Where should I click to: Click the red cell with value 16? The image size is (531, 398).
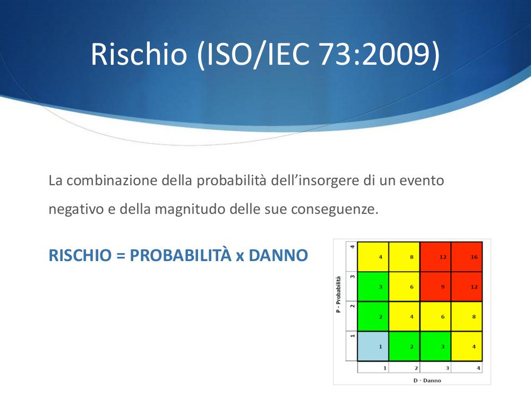coord(467,257)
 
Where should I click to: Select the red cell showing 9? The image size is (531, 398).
coord(435,287)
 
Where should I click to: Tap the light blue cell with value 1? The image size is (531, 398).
coord(373,346)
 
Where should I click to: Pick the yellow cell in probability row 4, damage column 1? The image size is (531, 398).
coord(373,257)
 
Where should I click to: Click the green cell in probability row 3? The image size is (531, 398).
coord(373,287)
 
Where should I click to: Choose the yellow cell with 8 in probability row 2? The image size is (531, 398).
coord(467,316)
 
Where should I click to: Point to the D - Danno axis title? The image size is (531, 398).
coord(427,380)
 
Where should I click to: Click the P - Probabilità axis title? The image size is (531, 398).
coord(338,295)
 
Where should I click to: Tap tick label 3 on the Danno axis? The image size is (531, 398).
coord(447,368)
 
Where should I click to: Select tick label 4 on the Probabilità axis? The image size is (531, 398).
coord(352,247)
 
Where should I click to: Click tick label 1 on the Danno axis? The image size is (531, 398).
coord(385,368)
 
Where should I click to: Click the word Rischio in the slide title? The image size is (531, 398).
coord(139,54)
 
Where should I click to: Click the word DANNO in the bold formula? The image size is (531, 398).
coord(278,255)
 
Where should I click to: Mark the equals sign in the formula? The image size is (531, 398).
coord(121,256)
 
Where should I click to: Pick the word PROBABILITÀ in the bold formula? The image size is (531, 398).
coord(181,255)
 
